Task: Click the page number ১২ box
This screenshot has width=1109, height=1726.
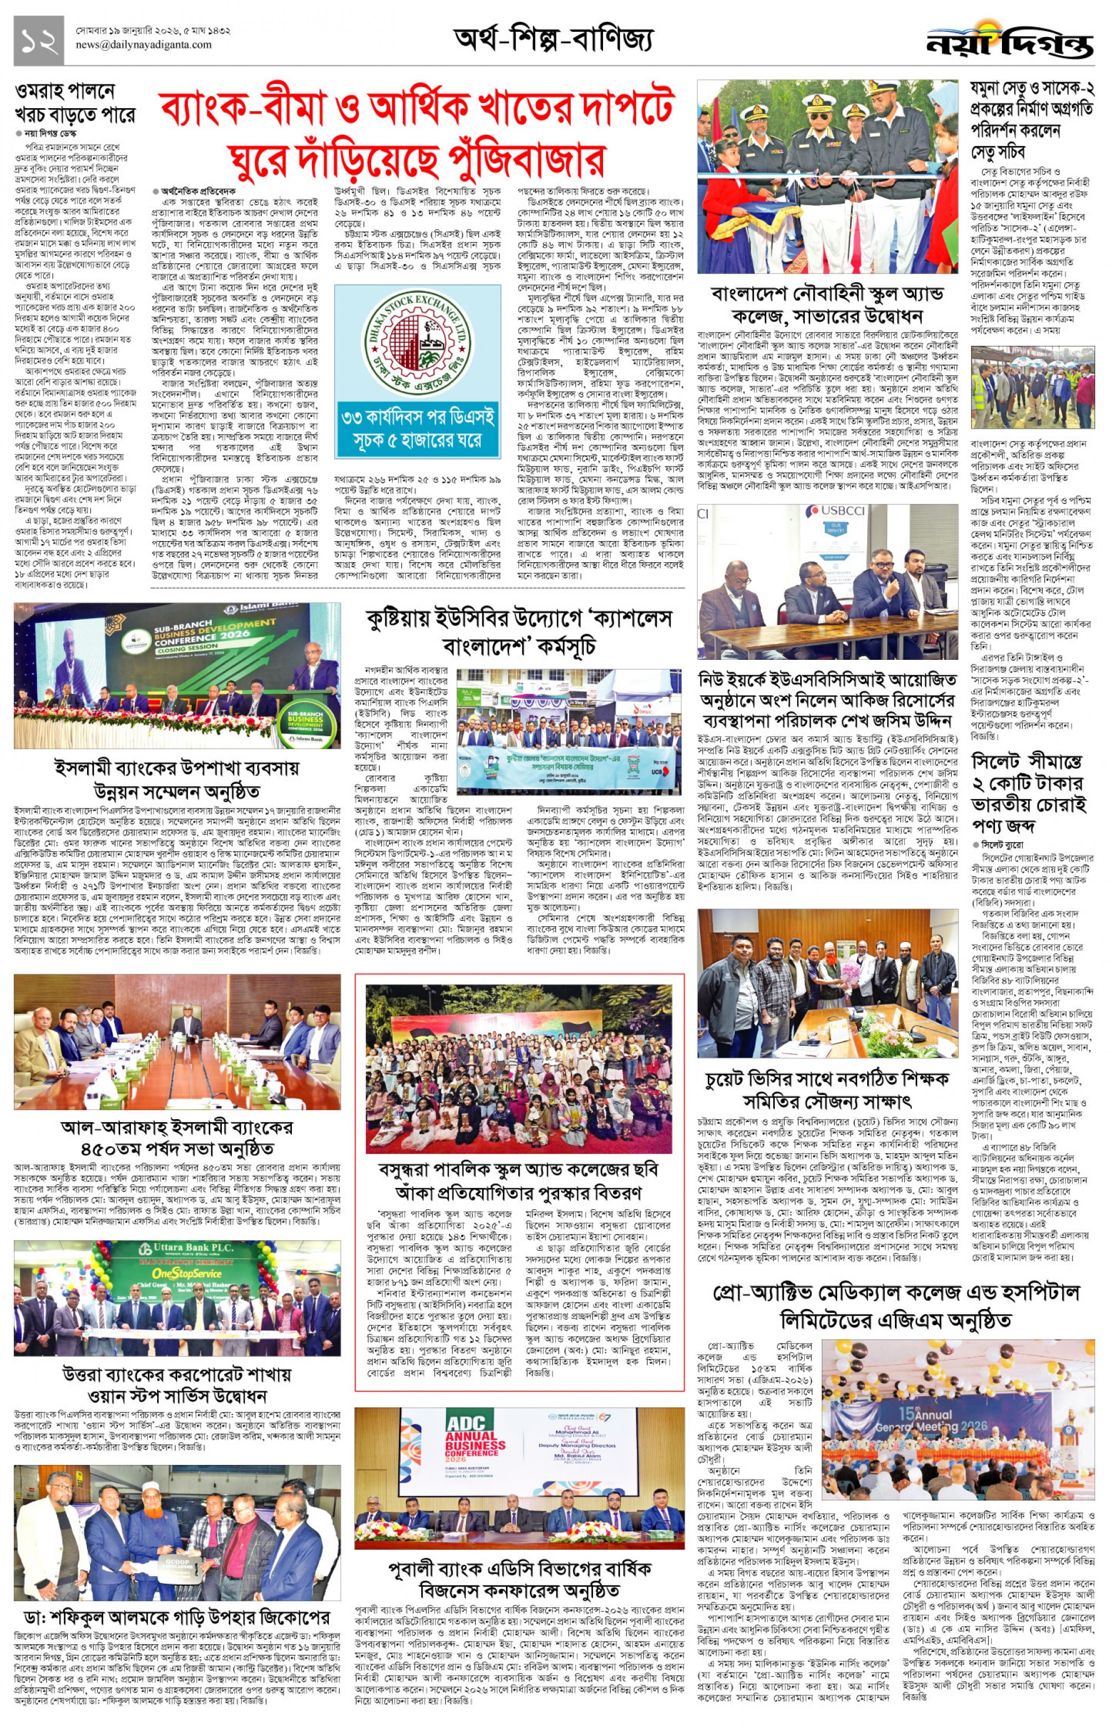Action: [38, 41]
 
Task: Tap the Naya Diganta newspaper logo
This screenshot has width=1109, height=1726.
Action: [1010, 43]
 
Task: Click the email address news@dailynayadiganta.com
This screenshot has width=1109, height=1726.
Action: [144, 45]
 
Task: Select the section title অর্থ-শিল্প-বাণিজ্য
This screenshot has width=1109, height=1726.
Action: [553, 39]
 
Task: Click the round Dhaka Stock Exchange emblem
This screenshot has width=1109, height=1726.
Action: [417, 343]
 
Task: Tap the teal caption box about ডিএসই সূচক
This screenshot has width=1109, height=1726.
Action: [417, 428]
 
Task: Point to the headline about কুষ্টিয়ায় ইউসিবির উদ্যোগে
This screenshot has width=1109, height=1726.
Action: [518, 632]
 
